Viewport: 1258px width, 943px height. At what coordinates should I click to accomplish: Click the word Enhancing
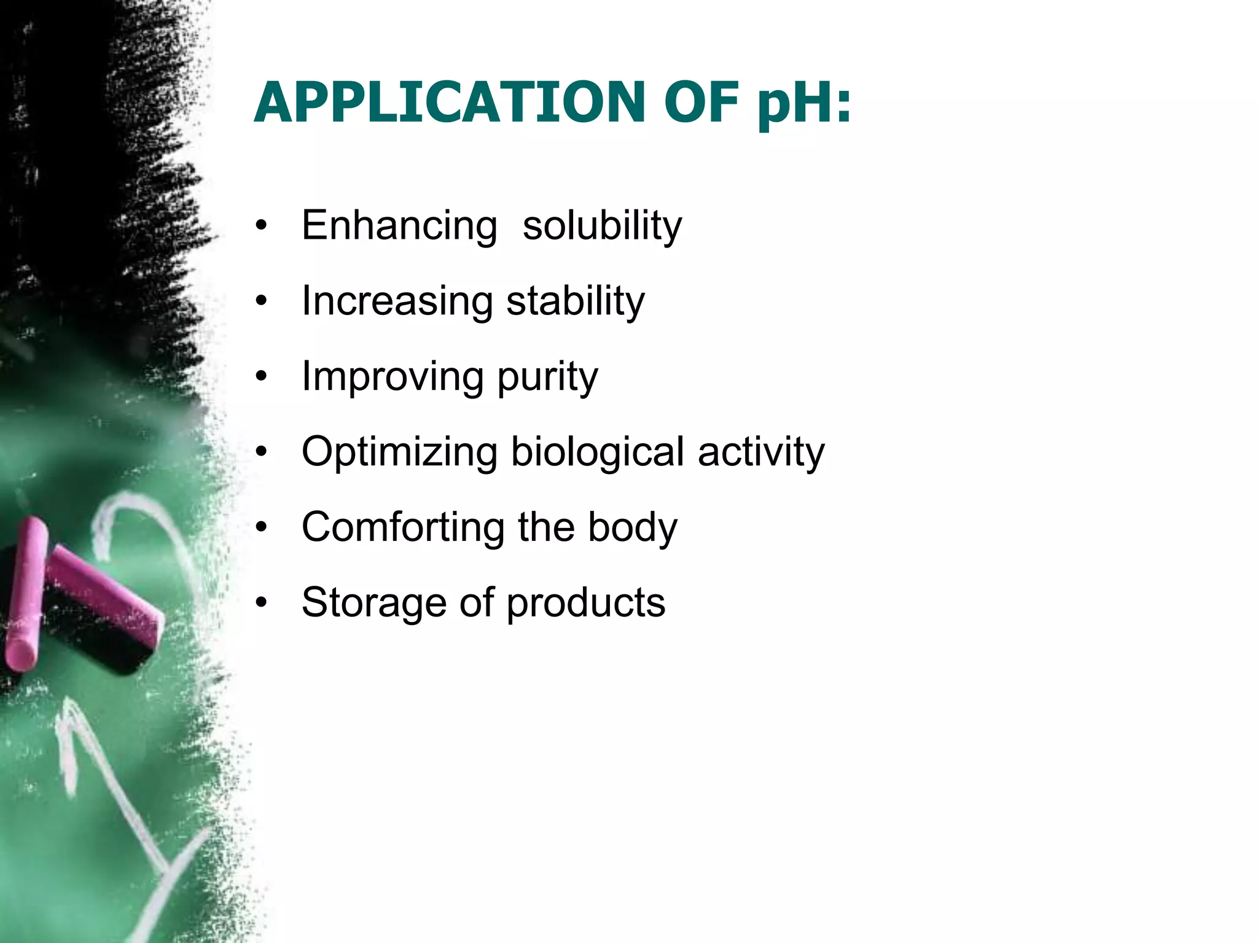pyautogui.click(x=399, y=226)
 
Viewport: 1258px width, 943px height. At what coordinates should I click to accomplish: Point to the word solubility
pyautogui.click(x=602, y=226)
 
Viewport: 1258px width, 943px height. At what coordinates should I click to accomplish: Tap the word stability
pyautogui.click(x=576, y=301)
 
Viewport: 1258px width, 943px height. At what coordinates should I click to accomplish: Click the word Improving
pyautogui.click(x=393, y=377)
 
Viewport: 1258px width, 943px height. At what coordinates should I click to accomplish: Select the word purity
pyautogui.click(x=547, y=377)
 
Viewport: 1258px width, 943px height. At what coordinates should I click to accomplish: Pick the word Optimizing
pyautogui.click(x=399, y=452)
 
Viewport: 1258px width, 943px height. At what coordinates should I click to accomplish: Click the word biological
pyautogui.click(x=597, y=452)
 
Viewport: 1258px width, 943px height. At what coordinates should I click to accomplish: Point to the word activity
pyautogui.click(x=761, y=452)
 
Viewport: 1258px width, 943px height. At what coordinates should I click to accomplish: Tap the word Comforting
pyautogui.click(x=403, y=527)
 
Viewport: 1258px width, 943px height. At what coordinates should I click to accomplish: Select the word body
pyautogui.click(x=633, y=527)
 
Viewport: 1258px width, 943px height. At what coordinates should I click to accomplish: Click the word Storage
pyautogui.click(x=374, y=603)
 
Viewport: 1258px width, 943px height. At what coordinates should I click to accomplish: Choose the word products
pyautogui.click(x=586, y=603)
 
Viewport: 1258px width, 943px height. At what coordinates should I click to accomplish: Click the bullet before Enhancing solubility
pyautogui.click(x=262, y=226)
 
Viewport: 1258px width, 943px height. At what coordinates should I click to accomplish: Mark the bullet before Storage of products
pyautogui.click(x=262, y=603)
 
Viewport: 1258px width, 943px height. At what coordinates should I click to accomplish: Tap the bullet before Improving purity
pyautogui.click(x=262, y=377)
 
